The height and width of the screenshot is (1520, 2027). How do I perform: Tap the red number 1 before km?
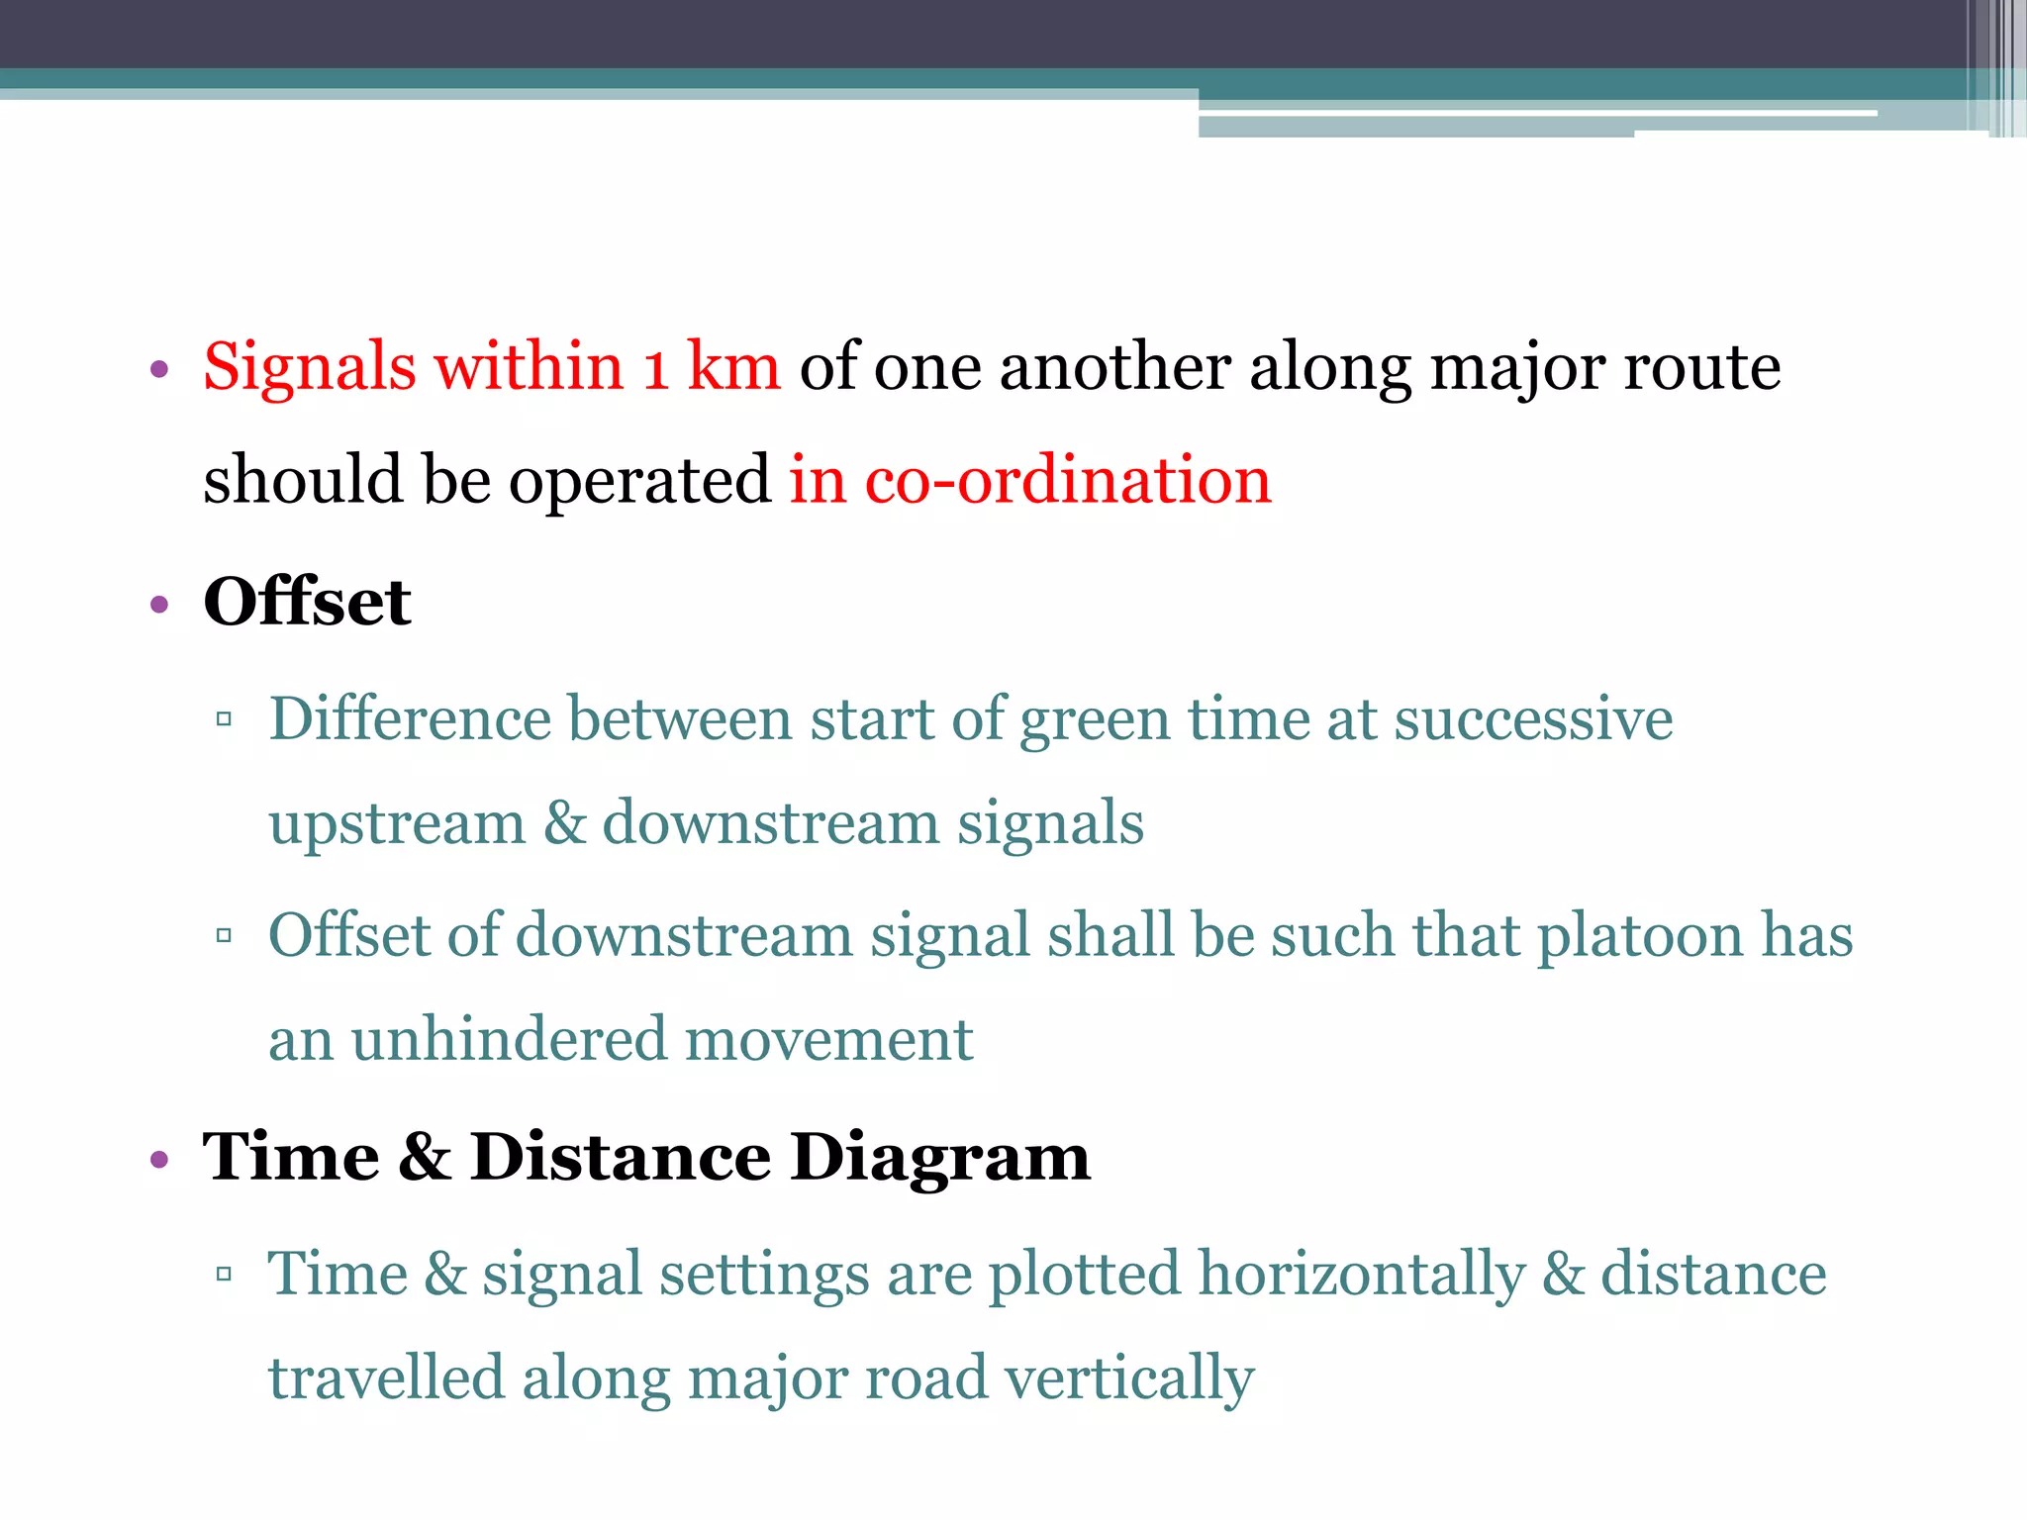[655, 368]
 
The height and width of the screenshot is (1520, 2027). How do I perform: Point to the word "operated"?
[638, 482]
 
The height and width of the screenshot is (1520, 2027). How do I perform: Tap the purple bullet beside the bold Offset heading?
[160, 604]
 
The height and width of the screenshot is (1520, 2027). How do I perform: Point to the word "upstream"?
[397, 824]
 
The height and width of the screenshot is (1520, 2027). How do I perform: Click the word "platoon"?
[1639, 935]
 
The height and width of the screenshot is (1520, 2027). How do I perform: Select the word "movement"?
[828, 1041]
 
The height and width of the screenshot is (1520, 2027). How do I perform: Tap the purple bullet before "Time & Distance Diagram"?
[160, 1159]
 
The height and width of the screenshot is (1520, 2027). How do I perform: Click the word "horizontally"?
[1362, 1275]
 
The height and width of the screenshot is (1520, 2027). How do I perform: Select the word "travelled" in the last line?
[386, 1377]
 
